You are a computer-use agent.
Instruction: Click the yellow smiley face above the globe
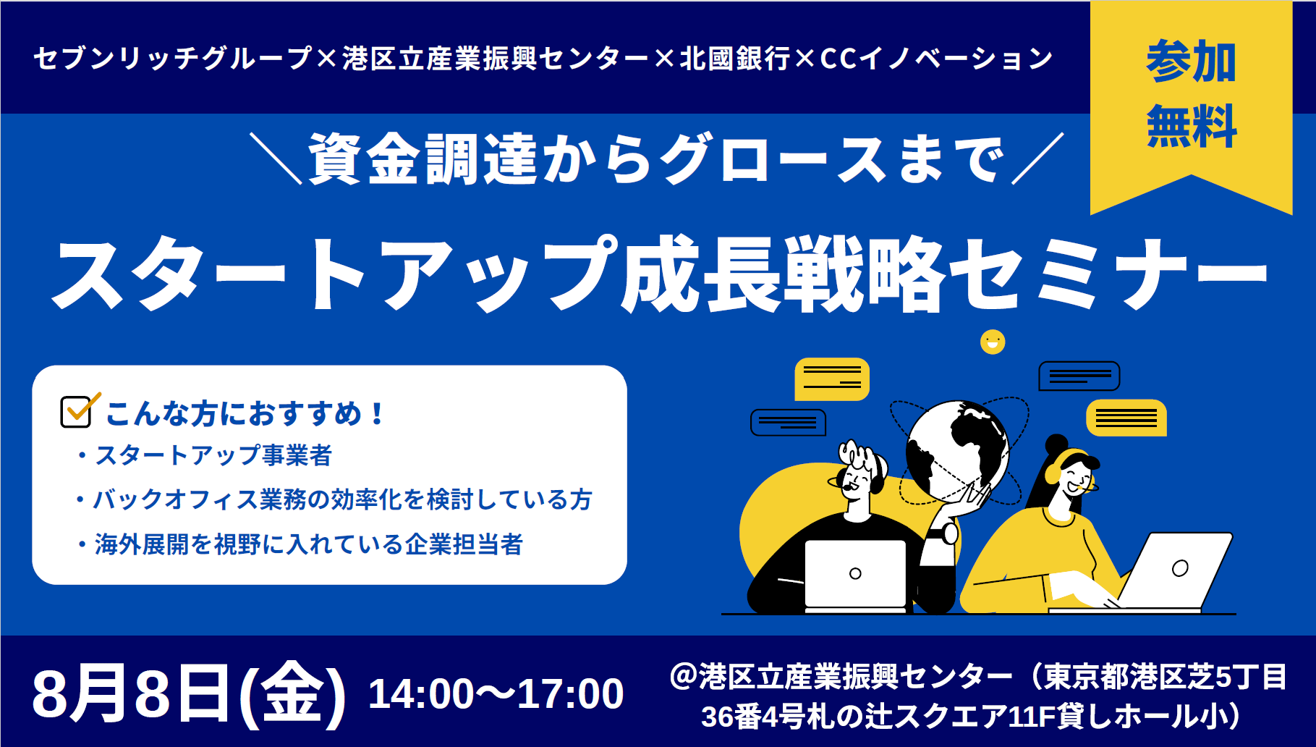pyautogui.click(x=993, y=342)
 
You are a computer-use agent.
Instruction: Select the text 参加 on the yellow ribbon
pyautogui.click(x=1192, y=61)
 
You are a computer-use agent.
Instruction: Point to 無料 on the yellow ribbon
pyautogui.click(x=1192, y=126)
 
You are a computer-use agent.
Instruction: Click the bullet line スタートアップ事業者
pyautogui.click(x=205, y=455)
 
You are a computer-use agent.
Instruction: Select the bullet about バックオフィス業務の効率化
pyautogui.click(x=335, y=499)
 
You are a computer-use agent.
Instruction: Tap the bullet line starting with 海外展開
pyautogui.click(x=300, y=544)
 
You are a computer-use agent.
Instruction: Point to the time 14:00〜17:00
pyautogui.click(x=496, y=693)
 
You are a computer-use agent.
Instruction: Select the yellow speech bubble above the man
pyautogui.click(x=832, y=379)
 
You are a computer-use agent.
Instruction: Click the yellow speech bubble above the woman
pyautogui.click(x=1126, y=418)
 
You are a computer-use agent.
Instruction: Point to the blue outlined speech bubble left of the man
pyautogui.click(x=788, y=423)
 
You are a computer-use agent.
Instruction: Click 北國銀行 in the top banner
pyautogui.click(x=734, y=59)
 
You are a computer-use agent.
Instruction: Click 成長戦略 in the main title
pyautogui.click(x=784, y=274)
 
